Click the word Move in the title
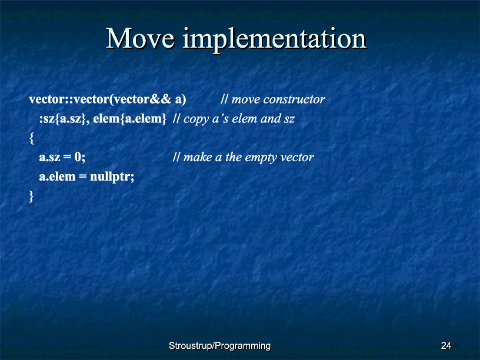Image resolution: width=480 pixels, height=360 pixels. tap(141, 39)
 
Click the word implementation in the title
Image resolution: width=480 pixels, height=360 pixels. tap(275, 41)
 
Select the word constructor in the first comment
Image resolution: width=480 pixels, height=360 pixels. tap(294, 99)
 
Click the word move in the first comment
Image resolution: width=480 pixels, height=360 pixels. tap(246, 99)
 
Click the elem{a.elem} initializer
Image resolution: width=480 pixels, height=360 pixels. tap(129, 119)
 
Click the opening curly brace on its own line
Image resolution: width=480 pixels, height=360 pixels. tap(31, 138)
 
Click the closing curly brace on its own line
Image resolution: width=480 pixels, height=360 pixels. tap(31, 196)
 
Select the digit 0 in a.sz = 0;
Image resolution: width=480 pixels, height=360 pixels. tap(78, 157)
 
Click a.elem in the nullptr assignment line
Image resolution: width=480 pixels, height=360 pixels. tap(57, 176)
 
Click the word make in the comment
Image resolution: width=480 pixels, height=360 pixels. tap(198, 157)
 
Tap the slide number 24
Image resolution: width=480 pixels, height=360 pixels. tap(446, 346)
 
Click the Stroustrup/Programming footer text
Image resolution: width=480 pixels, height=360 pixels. tap(220, 346)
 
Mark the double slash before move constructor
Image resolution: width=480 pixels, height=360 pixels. tap(224, 99)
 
